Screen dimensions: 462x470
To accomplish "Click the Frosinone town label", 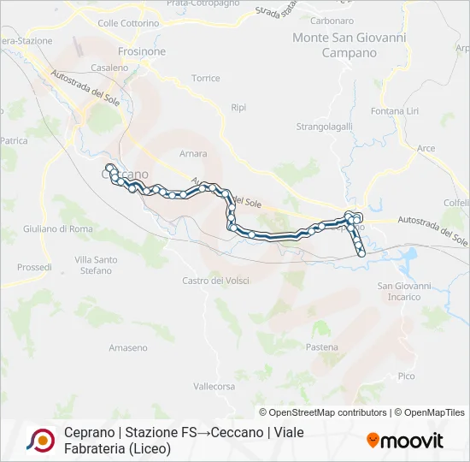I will [141, 51].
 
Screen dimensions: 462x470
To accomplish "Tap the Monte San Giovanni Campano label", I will [334, 45].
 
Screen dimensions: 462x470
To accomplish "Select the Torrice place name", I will [206, 78].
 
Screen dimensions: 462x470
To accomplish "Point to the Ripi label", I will [238, 107].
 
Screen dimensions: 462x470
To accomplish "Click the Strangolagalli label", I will [324, 127].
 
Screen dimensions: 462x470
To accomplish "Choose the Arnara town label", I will [193, 154].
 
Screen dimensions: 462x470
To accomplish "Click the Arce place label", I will [426, 148].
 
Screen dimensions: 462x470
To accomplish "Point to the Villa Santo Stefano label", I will [96, 265].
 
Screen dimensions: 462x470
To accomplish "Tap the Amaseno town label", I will [128, 347].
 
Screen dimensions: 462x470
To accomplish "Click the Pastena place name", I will [322, 347].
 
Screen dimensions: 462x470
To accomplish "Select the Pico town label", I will [406, 376].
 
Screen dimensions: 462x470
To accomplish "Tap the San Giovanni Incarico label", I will [399, 292].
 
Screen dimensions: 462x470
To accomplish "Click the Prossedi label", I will [34, 267].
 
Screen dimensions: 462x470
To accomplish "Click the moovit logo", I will [405, 441].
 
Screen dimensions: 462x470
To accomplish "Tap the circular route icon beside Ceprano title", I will [40, 440].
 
